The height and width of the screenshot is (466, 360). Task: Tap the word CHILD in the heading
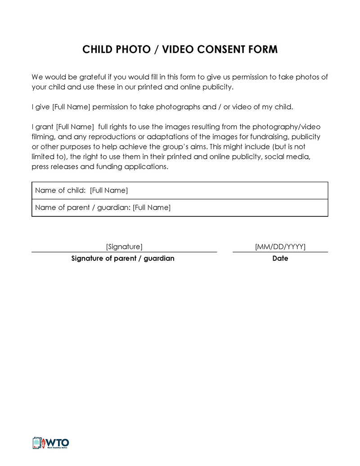point(98,49)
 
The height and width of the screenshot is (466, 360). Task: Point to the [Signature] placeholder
point(124,246)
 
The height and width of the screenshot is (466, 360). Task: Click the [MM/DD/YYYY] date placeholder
point(280,246)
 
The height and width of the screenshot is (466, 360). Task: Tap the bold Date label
point(280,259)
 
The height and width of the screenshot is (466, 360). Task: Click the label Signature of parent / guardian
point(123,259)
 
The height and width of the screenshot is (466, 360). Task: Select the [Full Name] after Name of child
point(109,190)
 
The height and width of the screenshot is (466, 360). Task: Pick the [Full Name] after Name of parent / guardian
point(152,207)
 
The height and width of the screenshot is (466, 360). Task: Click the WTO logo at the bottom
point(50,443)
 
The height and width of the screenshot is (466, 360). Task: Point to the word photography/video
point(286,127)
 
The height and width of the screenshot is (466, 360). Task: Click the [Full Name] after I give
point(72,107)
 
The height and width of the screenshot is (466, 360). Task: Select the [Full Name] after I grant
point(75,127)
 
